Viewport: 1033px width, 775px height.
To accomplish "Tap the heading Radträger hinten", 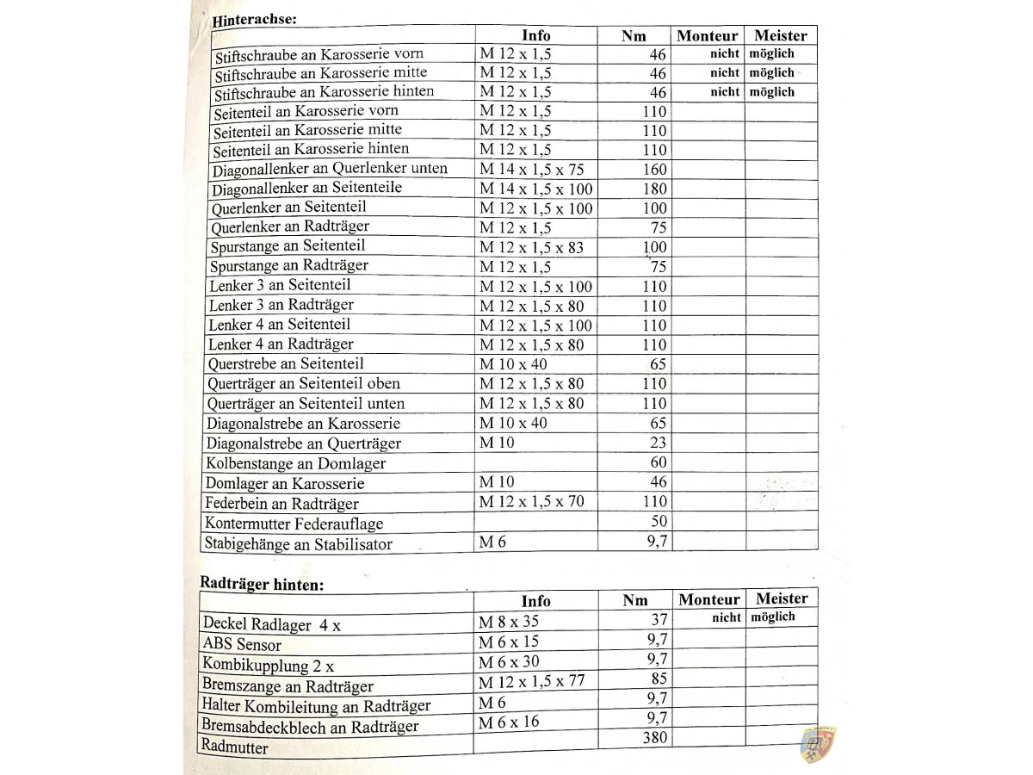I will pyautogui.click(x=262, y=583).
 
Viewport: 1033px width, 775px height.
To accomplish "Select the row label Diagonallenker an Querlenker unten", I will pyautogui.click(x=330, y=169).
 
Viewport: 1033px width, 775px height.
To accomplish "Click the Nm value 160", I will pyautogui.click(x=654, y=170).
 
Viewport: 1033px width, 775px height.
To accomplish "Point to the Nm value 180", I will pyautogui.click(x=654, y=189).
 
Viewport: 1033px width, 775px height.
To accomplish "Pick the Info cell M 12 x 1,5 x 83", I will pyautogui.click(x=531, y=248).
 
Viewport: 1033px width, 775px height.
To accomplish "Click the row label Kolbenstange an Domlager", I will pyautogui.click(x=295, y=463).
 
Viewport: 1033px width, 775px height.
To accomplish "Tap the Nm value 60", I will pyautogui.click(x=658, y=462).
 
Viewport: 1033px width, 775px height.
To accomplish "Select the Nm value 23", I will pyautogui.click(x=658, y=443).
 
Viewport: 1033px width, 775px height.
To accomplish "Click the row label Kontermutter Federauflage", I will pyautogui.click(x=294, y=524).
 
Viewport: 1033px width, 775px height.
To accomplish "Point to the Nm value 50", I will pyautogui.click(x=658, y=521).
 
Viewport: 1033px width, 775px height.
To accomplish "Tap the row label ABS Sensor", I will pyautogui.click(x=242, y=644).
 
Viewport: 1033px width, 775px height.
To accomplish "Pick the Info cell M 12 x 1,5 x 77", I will pyautogui.click(x=531, y=681).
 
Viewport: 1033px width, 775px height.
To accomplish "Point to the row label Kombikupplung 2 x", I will pyautogui.click(x=268, y=665).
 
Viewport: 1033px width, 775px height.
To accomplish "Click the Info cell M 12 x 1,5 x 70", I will pyautogui.click(x=531, y=501).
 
